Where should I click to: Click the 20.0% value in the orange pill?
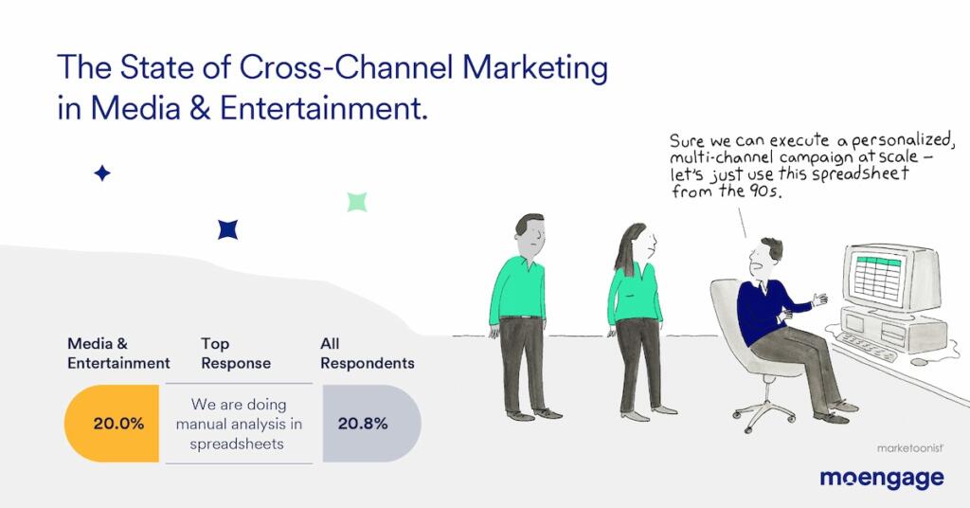pyautogui.click(x=118, y=424)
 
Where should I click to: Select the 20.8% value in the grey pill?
pyautogui.click(x=363, y=424)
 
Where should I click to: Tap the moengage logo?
pyautogui.click(x=881, y=478)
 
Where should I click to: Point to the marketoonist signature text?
pyautogui.click(x=905, y=444)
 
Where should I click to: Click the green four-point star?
pyautogui.click(x=357, y=201)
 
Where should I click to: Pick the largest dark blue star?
pyautogui.click(x=227, y=228)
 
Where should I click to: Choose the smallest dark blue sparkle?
pyautogui.click(x=102, y=173)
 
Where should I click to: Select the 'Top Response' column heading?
pyautogui.click(x=236, y=354)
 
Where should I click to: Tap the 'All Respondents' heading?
pyautogui.click(x=367, y=354)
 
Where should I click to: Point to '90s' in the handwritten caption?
pyautogui.click(x=768, y=192)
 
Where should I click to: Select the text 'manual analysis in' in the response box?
pyautogui.click(x=239, y=424)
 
